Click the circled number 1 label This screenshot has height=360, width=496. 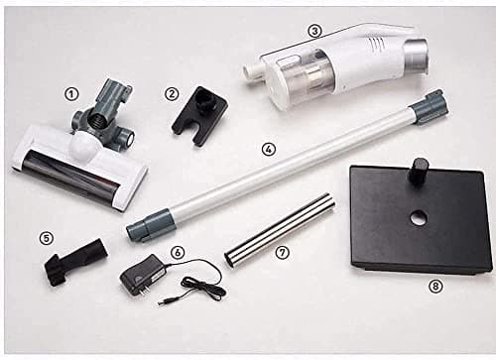point(71,95)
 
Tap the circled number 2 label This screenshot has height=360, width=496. point(172,94)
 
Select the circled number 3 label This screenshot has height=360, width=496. point(314,31)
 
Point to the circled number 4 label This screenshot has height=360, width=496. point(268,149)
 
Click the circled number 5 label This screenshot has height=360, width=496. point(46,238)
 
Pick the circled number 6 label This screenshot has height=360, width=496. point(178,253)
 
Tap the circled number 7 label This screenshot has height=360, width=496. point(282,253)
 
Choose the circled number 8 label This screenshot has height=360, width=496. point(435,287)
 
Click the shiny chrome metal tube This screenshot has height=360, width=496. point(281,229)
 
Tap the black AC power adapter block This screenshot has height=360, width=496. point(143,274)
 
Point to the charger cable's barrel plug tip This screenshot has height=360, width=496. point(162,303)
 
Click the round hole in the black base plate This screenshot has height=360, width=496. point(419,218)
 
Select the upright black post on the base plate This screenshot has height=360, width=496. point(418,172)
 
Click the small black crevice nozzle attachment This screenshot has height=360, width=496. point(76,262)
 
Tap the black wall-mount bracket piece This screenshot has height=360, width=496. point(199,115)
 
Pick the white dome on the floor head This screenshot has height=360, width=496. point(83,145)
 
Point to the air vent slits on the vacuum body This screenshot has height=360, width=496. point(376,45)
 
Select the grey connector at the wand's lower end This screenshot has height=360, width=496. point(150,224)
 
